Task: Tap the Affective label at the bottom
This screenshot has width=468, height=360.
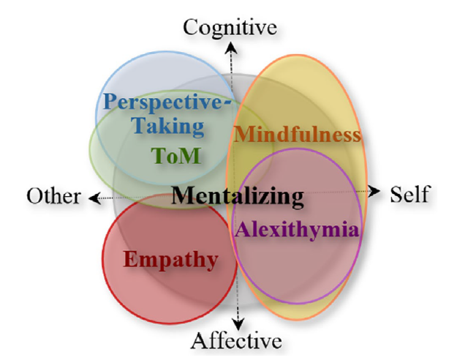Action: (x=236, y=340)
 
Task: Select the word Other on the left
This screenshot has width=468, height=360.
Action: (x=53, y=196)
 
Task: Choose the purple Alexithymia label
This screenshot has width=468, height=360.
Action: (x=297, y=228)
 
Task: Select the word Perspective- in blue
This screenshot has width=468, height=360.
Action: (x=169, y=102)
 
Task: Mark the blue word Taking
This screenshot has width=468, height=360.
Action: (x=168, y=125)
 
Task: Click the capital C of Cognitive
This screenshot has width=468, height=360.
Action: (x=190, y=28)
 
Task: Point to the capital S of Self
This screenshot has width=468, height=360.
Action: (x=397, y=195)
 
